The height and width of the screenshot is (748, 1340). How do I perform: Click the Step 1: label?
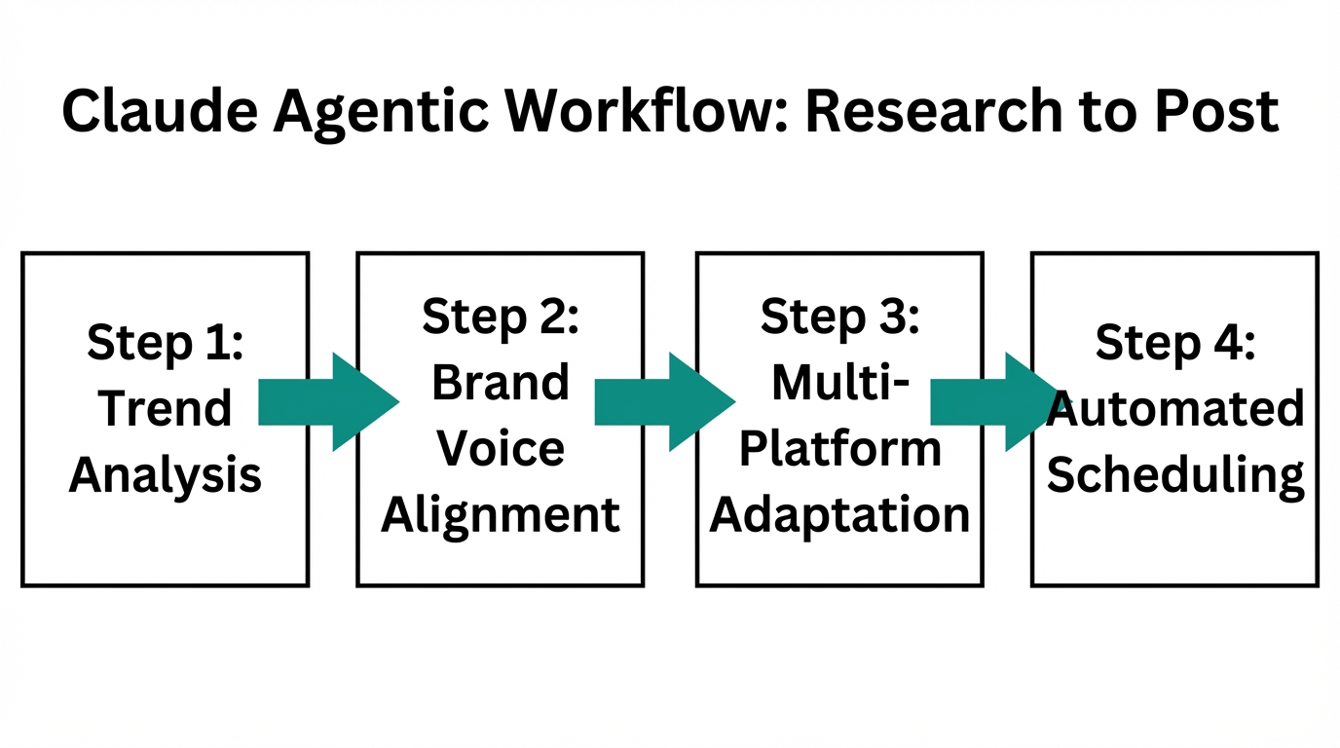[166, 343]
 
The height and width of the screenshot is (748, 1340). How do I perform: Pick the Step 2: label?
[501, 317]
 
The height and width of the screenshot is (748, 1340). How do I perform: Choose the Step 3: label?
[839, 317]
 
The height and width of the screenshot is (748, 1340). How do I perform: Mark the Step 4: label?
[1175, 343]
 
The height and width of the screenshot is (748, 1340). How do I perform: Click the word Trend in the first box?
[166, 408]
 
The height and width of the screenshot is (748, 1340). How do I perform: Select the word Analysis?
[166, 474]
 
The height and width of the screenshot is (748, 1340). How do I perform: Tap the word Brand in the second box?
[501, 382]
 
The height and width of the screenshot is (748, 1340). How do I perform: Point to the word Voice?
[501, 448]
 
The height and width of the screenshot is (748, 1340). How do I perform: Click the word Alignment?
[501, 514]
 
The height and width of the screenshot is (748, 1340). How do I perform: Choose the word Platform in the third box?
[839, 450]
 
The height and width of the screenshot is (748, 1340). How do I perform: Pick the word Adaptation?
[839, 514]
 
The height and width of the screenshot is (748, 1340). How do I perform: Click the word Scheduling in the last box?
[1175, 474]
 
